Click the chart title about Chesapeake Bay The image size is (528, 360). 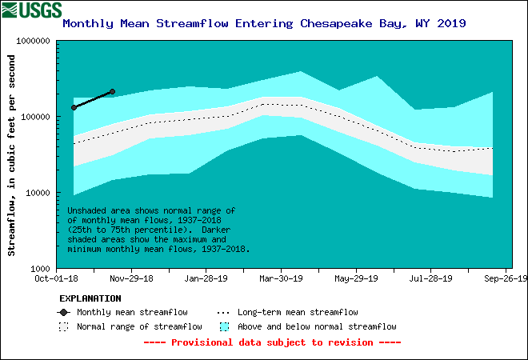click(x=264, y=23)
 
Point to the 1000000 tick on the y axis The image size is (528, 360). click(x=31, y=40)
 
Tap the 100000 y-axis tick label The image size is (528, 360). click(x=34, y=117)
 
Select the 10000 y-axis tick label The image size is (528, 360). click(x=37, y=193)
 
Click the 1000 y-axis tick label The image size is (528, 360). click(x=39, y=269)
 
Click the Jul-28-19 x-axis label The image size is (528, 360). click(x=430, y=279)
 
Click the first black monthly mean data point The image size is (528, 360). click(x=74, y=107)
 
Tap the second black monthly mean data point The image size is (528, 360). click(x=112, y=92)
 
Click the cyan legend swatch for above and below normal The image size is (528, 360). click(x=224, y=326)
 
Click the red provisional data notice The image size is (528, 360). click(x=272, y=342)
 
